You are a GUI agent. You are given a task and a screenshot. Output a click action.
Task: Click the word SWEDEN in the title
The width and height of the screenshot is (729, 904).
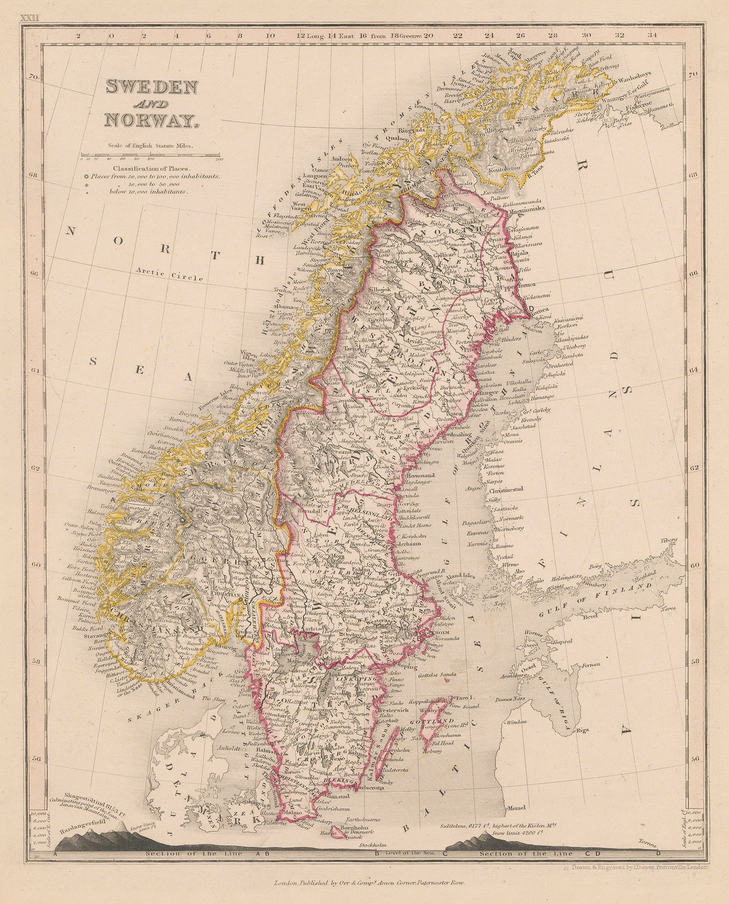point(152,87)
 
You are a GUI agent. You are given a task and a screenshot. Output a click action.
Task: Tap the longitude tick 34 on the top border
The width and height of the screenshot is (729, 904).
point(652,36)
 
